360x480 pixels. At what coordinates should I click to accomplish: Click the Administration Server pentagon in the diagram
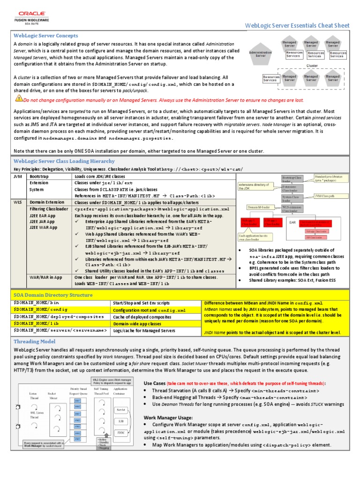click(261, 54)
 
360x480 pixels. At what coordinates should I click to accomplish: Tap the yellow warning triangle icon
click(19, 98)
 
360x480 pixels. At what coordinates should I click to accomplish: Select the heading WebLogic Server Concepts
click(46, 36)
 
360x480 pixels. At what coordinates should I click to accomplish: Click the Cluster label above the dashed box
click(312, 66)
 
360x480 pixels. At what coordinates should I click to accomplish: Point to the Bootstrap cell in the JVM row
click(41, 176)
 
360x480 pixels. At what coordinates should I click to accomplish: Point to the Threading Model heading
click(35, 341)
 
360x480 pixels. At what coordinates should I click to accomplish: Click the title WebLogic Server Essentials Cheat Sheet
click(297, 25)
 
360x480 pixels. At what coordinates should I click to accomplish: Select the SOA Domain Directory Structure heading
click(53, 295)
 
